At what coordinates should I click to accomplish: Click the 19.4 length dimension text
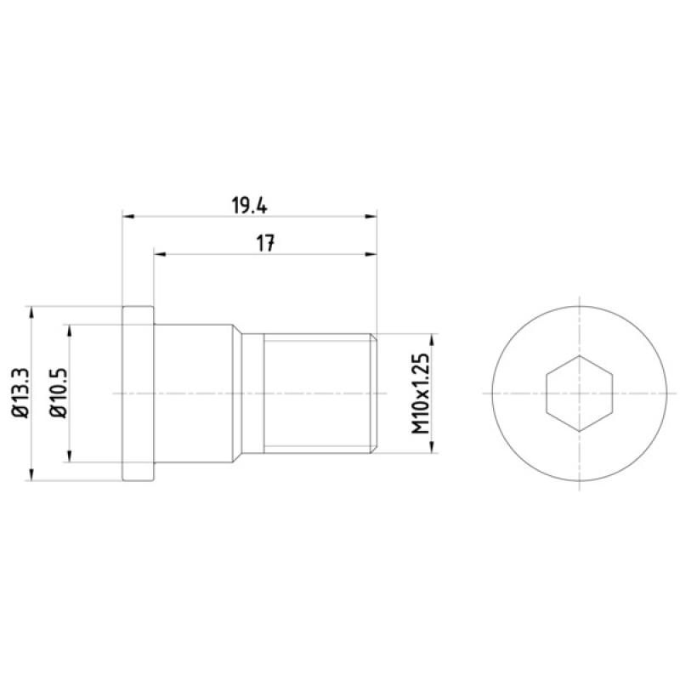(249, 205)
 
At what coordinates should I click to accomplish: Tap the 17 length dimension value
(265, 243)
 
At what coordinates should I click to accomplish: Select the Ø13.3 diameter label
(20, 393)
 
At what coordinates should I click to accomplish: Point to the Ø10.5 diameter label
(59, 393)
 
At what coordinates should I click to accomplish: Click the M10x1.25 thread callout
(420, 394)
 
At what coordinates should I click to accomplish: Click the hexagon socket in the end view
(580, 394)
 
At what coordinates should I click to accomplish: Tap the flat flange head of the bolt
(139, 394)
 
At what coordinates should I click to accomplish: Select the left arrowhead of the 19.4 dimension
(129, 216)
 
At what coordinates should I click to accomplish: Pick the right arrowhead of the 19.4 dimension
(371, 216)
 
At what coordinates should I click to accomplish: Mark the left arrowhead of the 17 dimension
(160, 254)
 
